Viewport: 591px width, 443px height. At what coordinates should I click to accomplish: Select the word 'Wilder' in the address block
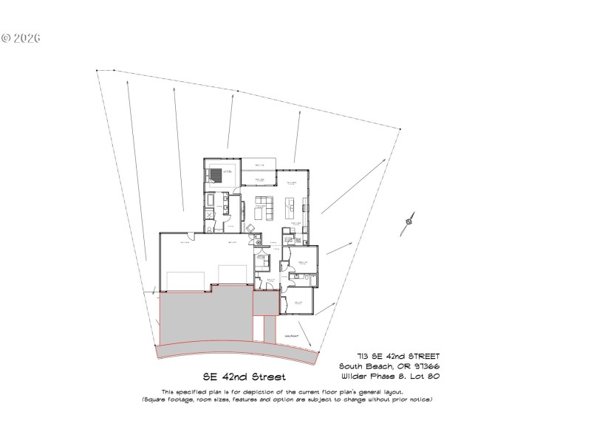click(355, 377)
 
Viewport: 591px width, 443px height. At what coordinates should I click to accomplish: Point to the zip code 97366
click(427, 367)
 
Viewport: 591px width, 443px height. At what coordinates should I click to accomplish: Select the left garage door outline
click(185, 281)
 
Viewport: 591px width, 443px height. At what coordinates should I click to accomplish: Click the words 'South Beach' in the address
click(365, 367)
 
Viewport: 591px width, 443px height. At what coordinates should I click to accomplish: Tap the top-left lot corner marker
click(97, 71)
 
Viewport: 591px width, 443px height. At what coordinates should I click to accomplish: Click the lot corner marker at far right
click(400, 129)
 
